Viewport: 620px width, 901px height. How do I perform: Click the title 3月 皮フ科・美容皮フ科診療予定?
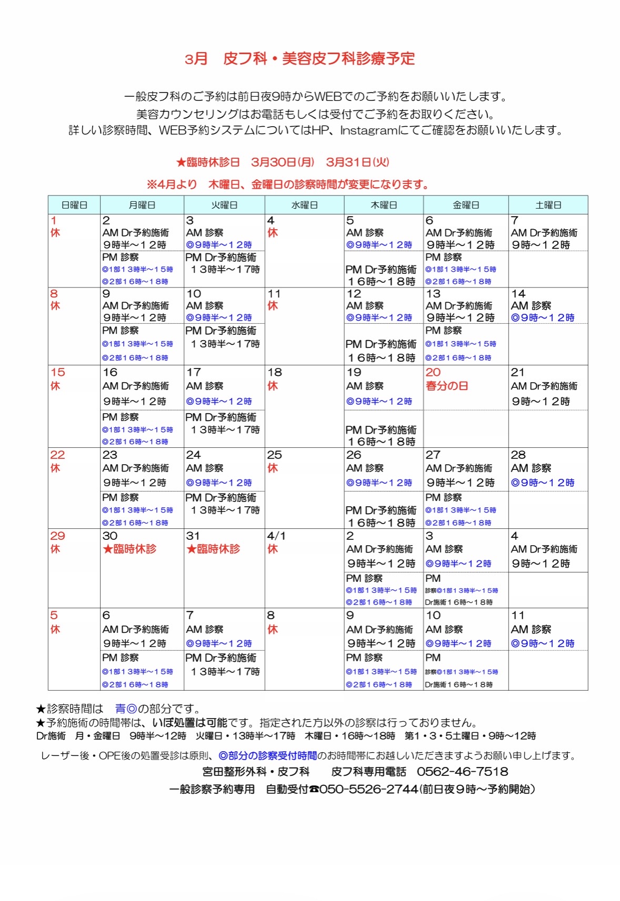tap(299, 59)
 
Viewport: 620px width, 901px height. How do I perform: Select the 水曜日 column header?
tap(304, 205)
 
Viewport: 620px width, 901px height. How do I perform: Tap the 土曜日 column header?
tap(548, 205)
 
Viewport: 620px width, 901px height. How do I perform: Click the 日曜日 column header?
tap(74, 205)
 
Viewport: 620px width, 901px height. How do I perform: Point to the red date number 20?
tap(433, 372)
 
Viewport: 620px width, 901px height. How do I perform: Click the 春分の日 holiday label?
tap(446, 386)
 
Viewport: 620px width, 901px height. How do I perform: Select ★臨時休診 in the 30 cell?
tap(129, 549)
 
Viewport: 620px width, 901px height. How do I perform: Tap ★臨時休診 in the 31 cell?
tap(213, 549)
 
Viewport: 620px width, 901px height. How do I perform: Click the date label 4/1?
tap(276, 536)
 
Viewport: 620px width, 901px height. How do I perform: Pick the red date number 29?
tap(57, 536)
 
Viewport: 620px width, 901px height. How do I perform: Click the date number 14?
tap(518, 293)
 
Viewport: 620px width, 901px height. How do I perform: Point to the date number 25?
tap(274, 455)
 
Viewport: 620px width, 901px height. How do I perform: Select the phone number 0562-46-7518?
tap(462, 772)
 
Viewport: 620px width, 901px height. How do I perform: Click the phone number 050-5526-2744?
tap(368, 789)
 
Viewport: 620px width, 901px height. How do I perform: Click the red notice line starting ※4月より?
tap(288, 185)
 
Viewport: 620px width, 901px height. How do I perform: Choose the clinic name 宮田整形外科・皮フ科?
tap(256, 772)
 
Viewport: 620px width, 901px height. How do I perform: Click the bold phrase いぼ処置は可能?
tap(189, 723)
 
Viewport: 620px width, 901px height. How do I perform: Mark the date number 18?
tap(274, 372)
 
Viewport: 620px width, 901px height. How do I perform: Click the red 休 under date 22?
tap(55, 468)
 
